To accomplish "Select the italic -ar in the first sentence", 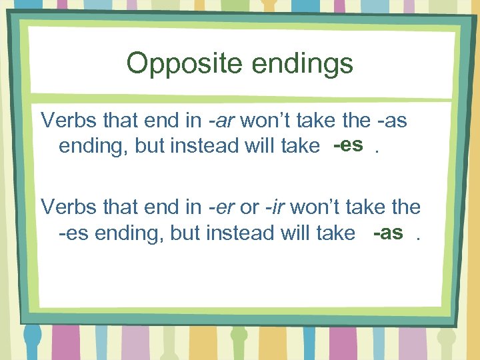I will coord(222,120).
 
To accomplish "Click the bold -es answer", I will coord(349,145).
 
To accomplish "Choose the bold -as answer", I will coord(389,232).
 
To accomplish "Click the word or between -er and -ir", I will coord(249,207).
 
